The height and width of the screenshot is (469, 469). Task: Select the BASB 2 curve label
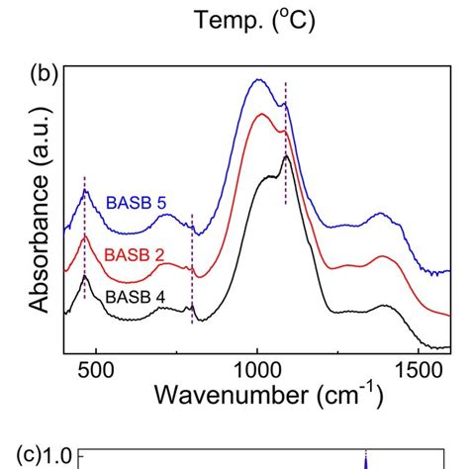[x=134, y=252]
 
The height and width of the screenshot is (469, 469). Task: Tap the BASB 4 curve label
[x=133, y=295]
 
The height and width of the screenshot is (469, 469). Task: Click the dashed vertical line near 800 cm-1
[x=192, y=267]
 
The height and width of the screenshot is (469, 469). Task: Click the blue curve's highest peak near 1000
[x=258, y=81]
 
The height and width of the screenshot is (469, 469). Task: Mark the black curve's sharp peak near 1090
[x=286, y=156]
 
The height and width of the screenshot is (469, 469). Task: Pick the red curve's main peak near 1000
[x=262, y=115]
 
